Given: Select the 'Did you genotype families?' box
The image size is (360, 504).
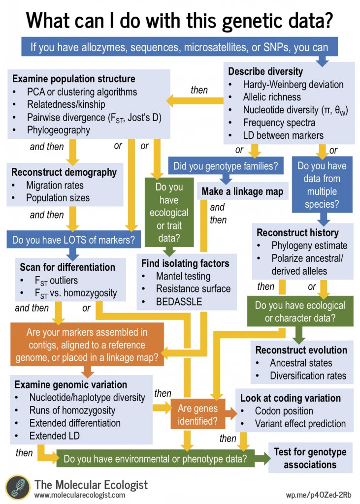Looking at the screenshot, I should point(226,166).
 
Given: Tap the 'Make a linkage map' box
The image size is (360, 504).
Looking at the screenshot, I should point(243,191).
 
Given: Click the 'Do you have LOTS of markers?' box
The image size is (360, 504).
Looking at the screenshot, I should point(74,240).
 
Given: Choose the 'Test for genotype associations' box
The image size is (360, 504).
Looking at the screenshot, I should point(310,458).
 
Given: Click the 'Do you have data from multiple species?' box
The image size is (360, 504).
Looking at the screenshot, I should point(322,184).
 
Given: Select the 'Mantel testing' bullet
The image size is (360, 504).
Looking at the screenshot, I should point(183,276).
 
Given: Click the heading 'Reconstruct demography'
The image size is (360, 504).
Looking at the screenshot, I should point(65,172).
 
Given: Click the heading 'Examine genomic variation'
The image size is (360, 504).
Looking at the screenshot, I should point(71,384).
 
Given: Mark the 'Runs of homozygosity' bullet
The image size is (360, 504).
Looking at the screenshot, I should point(72,410).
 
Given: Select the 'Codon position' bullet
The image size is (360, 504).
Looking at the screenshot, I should point(284,410).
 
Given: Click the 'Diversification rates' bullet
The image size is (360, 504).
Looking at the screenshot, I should point(308,376).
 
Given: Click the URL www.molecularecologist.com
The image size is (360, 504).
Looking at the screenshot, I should point(80,495).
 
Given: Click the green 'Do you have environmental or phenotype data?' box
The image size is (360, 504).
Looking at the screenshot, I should point(155,459).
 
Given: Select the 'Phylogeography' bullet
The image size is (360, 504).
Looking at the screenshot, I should point(59,130).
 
